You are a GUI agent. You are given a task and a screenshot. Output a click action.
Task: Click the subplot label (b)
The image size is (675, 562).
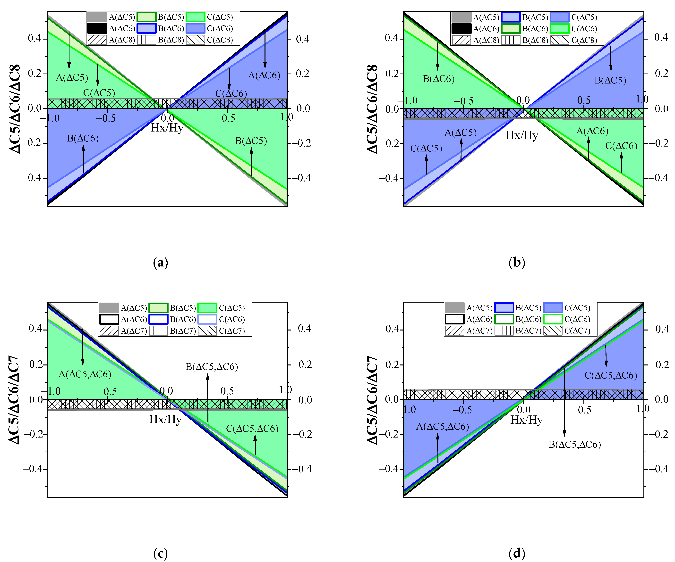(517, 263)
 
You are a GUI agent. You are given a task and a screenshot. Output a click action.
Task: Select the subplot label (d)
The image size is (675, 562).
(517, 553)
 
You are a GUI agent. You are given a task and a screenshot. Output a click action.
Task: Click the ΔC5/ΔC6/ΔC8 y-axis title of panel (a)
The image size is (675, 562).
(15, 109)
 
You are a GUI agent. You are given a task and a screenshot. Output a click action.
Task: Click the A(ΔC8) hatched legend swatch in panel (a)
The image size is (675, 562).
(97, 40)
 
